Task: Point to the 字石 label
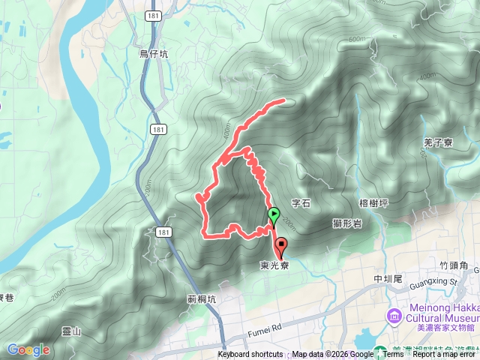click(x=301, y=202)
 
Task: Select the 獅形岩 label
click(x=346, y=223)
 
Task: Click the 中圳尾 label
click(x=388, y=279)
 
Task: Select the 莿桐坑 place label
click(x=202, y=298)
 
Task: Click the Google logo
click(x=28, y=349)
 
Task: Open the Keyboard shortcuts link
click(x=250, y=355)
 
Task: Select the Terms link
click(x=393, y=355)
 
